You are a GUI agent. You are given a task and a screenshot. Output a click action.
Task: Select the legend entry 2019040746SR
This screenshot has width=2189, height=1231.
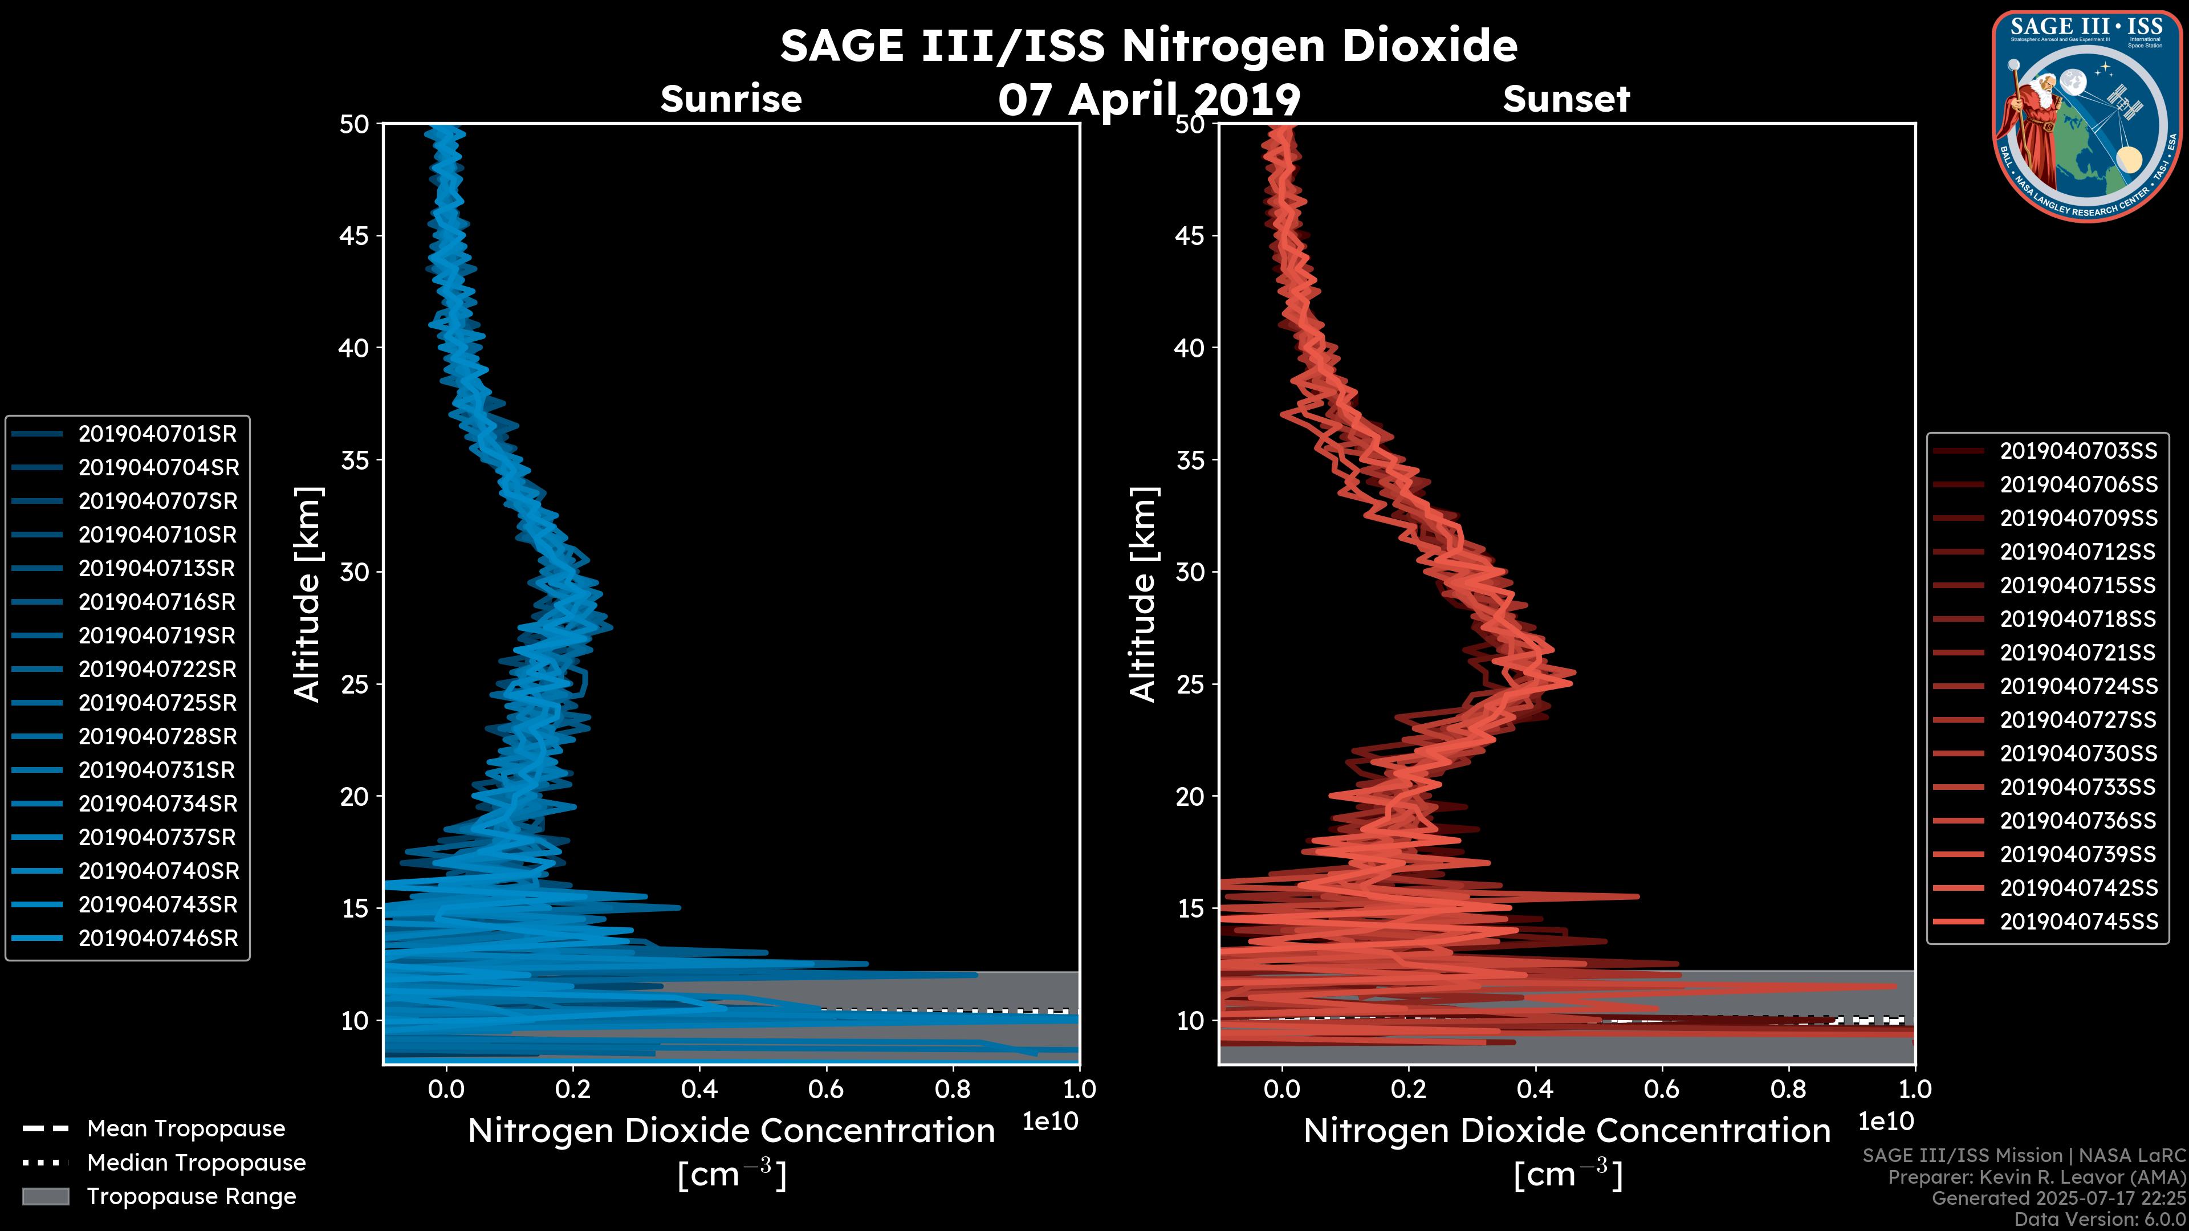tap(158, 939)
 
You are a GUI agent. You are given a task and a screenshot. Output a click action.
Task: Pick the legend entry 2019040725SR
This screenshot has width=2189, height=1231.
tap(157, 703)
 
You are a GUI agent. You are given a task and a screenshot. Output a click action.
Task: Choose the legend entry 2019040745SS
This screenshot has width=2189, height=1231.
tap(2078, 922)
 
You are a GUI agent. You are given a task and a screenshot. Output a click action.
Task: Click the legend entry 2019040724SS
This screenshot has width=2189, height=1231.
tap(2078, 686)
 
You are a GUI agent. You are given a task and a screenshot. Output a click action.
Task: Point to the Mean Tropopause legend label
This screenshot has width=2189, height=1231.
tap(185, 1129)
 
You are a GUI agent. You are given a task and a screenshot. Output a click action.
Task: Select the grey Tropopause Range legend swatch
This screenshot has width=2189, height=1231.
tap(45, 1197)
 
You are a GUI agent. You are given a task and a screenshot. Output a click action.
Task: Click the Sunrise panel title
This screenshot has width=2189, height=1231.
tap(731, 99)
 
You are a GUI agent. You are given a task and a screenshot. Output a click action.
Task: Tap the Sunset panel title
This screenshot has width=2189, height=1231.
tap(1566, 99)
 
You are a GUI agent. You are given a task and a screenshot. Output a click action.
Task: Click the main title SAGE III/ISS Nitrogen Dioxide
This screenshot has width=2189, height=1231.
tap(1148, 45)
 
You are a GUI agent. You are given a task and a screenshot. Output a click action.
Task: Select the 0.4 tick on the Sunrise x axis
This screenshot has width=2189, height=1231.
tap(698, 1089)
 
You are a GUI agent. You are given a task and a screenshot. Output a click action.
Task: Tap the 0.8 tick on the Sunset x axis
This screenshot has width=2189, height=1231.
tap(1788, 1089)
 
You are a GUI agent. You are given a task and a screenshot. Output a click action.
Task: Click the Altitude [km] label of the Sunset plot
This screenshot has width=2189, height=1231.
tap(1143, 594)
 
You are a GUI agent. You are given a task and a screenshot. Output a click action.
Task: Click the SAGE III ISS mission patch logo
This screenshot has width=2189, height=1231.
tap(2087, 116)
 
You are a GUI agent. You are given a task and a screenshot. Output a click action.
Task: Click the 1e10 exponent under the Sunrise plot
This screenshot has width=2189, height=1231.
tap(1050, 1122)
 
